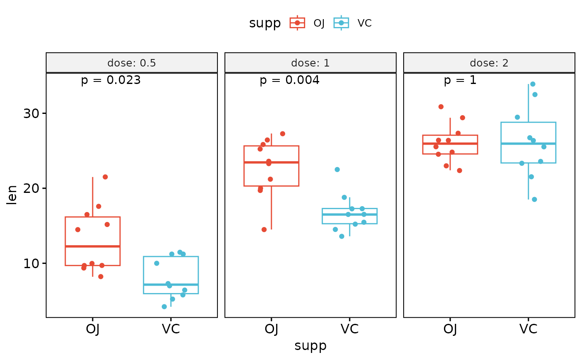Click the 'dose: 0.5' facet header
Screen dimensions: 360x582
[131, 63]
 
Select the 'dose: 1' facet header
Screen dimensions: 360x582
[310, 63]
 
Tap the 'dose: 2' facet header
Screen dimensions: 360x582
[489, 63]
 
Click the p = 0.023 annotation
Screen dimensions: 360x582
[111, 80]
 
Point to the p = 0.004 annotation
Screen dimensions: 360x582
[289, 80]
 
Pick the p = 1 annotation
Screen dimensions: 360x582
[460, 80]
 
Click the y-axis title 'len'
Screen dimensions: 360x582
[12, 195]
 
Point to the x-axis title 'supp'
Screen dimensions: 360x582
[310, 346]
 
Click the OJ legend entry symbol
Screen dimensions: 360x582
[297, 23]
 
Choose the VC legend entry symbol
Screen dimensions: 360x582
[341, 23]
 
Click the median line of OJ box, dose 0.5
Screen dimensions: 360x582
[93, 247]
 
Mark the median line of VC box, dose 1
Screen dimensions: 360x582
[350, 215]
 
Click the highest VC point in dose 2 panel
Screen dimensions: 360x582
[533, 84]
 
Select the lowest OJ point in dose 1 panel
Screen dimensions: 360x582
[264, 229]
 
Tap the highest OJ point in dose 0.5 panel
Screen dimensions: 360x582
[105, 177]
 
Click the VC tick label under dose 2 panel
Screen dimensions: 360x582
[528, 329]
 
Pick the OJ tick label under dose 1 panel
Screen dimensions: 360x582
[271, 329]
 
